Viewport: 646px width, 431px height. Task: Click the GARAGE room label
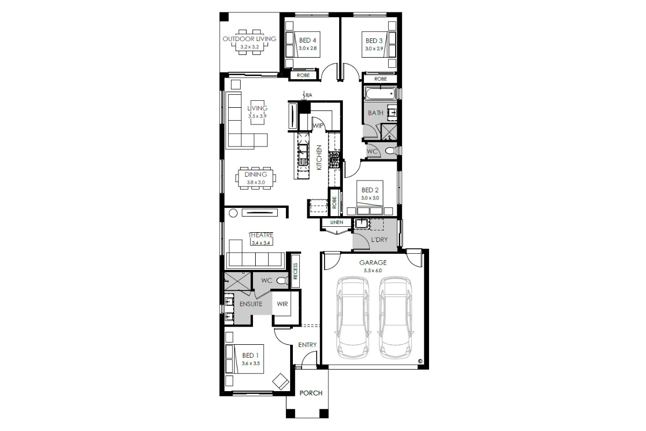point(373,263)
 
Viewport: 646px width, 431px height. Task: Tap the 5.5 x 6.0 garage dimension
point(373,270)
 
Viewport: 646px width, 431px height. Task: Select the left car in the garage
point(353,318)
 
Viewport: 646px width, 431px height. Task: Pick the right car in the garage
point(395,318)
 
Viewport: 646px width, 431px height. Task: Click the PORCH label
point(311,393)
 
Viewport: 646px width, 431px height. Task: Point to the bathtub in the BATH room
point(381,93)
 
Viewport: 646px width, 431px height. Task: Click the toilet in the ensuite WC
point(282,280)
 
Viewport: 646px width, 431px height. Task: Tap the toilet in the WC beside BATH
point(391,151)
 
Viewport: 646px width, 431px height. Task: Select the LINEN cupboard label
point(336,223)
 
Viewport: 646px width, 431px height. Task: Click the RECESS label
point(295,271)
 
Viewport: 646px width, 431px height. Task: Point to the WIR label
point(282,304)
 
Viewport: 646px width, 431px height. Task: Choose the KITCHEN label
point(319,157)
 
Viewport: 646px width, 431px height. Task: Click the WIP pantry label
point(318,126)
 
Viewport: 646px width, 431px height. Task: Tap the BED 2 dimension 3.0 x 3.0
point(370,198)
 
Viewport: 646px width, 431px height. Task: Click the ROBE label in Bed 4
point(303,75)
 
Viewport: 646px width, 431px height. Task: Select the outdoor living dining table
point(249,42)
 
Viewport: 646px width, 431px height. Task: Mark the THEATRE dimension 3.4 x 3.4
point(261,243)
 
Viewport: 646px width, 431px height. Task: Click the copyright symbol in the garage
point(420,360)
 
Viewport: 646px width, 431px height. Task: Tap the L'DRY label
point(379,240)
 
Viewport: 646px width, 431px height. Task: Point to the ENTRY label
point(307,345)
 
